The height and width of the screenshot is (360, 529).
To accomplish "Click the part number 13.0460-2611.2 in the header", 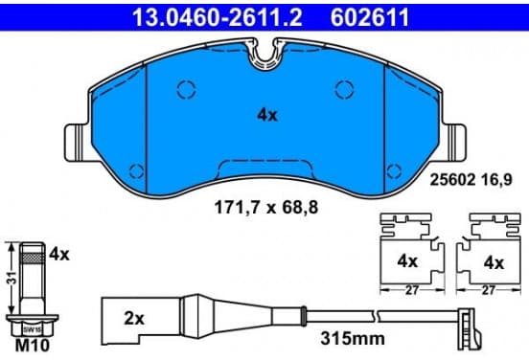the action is click(218, 17).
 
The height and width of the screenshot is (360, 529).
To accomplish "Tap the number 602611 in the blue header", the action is click(369, 17).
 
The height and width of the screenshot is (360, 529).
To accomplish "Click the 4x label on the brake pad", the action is click(267, 115).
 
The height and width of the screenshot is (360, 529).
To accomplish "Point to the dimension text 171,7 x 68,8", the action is click(266, 208).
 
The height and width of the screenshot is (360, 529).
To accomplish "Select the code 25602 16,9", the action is click(471, 179).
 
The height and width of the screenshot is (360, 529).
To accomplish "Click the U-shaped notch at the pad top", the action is click(264, 56).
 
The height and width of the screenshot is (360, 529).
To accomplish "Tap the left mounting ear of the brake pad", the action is click(77, 143).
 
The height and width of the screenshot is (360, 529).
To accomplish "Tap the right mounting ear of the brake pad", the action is click(454, 143).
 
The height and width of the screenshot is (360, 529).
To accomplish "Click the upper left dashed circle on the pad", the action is click(186, 89).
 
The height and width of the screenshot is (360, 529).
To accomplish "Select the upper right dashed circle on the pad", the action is click(345, 89).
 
